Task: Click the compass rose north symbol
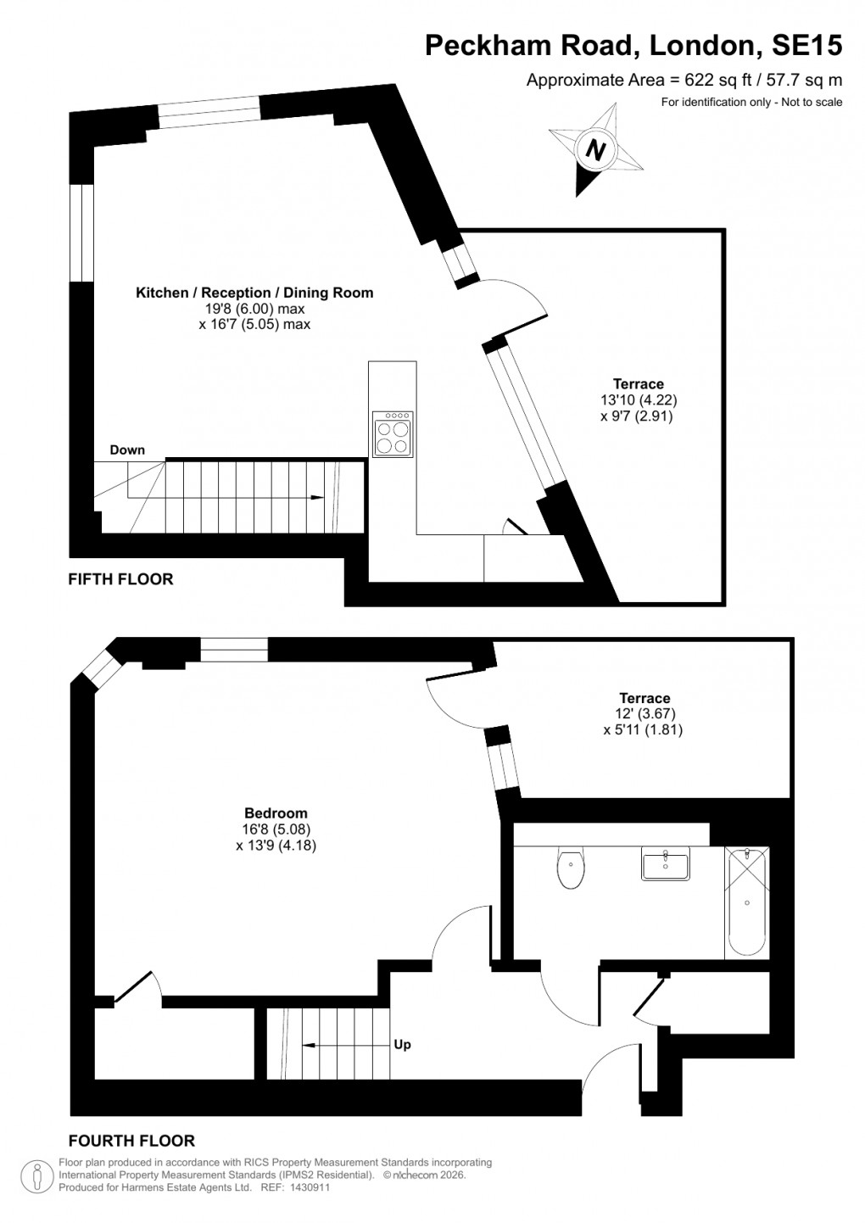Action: tap(595, 149)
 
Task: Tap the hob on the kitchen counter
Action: tap(392, 435)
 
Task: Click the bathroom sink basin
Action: tap(666, 865)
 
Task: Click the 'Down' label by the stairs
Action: tap(127, 450)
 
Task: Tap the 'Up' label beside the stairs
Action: tap(402, 1044)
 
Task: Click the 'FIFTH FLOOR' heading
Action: tap(120, 579)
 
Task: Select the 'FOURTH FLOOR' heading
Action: tap(131, 1141)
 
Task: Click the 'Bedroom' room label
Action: tap(276, 813)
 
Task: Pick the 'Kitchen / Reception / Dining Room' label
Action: tap(254, 293)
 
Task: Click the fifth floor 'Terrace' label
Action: tap(638, 384)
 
